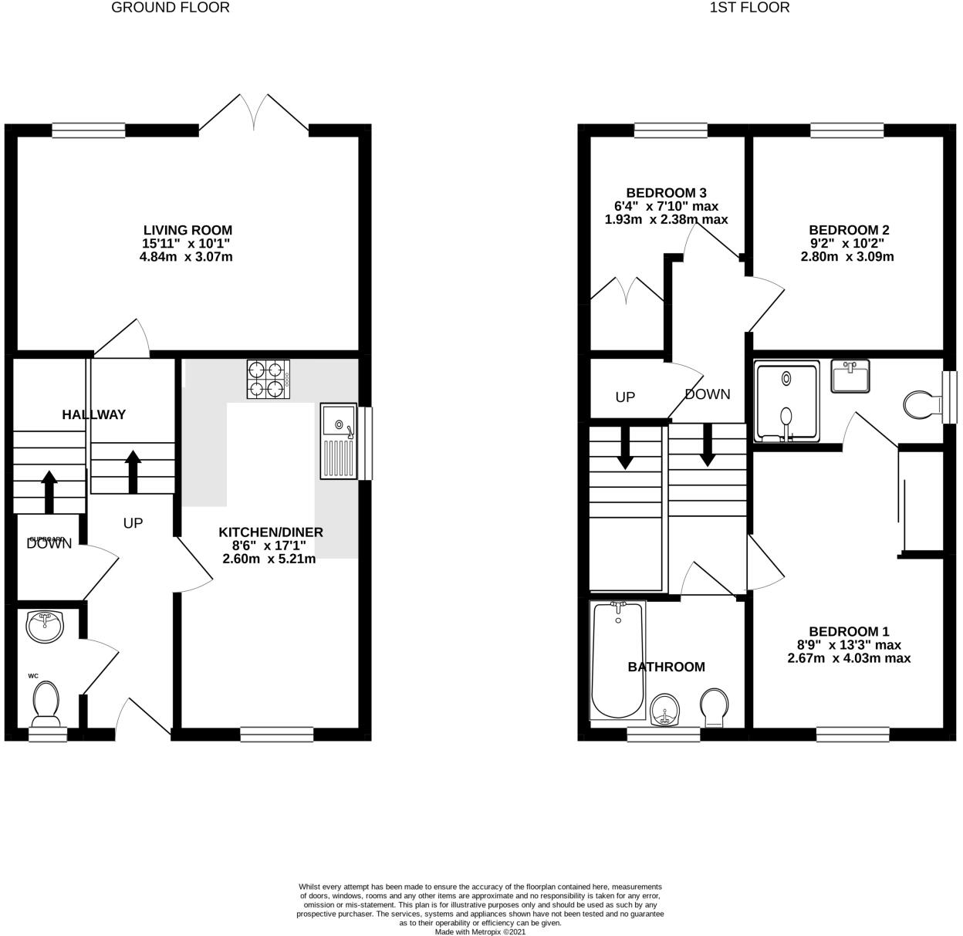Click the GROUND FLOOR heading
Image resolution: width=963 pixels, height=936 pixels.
pos(170,8)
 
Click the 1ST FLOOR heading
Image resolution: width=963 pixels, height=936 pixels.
pos(749,8)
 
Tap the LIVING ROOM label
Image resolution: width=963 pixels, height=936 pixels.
pos(188,230)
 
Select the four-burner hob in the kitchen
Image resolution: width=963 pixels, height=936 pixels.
pos(269,379)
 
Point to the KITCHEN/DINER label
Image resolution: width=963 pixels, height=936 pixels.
pos(271,532)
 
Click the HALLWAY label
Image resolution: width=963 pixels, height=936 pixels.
pos(94,415)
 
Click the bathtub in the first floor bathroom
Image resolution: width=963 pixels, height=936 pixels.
pos(617,661)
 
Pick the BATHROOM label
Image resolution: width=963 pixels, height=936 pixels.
pos(666,667)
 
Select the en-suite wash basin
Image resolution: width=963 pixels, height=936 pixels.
pos(850,375)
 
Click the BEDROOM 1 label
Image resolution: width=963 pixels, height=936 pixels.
pos(849,631)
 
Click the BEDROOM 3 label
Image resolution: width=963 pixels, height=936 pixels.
pos(666,193)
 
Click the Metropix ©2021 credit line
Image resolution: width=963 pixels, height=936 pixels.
pos(480,931)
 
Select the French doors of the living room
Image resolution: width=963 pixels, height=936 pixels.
pos(255,113)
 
